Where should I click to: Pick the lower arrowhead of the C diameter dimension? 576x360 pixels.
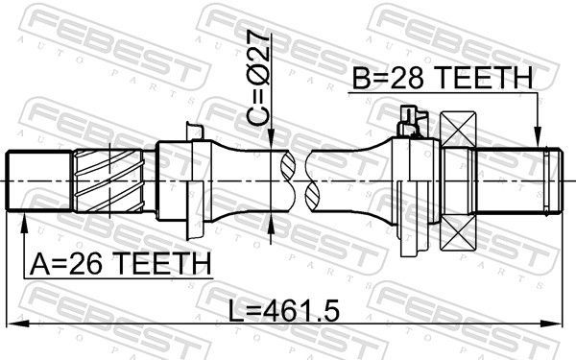pyautogui.click(x=275, y=224)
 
